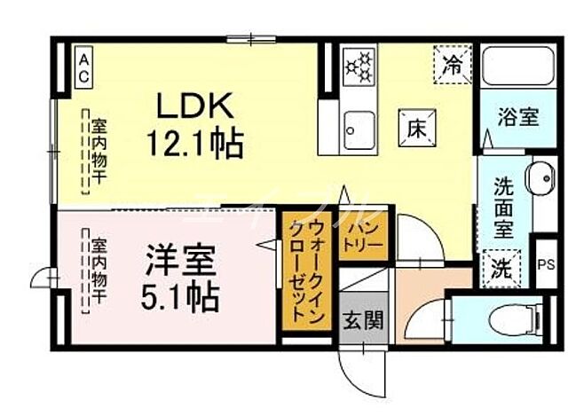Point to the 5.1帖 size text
[181, 295]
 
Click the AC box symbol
[83, 66]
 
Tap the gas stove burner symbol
[360, 65]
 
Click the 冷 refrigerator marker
[453, 64]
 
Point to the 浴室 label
[518, 117]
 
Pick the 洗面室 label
[503, 209]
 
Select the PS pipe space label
[545, 263]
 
